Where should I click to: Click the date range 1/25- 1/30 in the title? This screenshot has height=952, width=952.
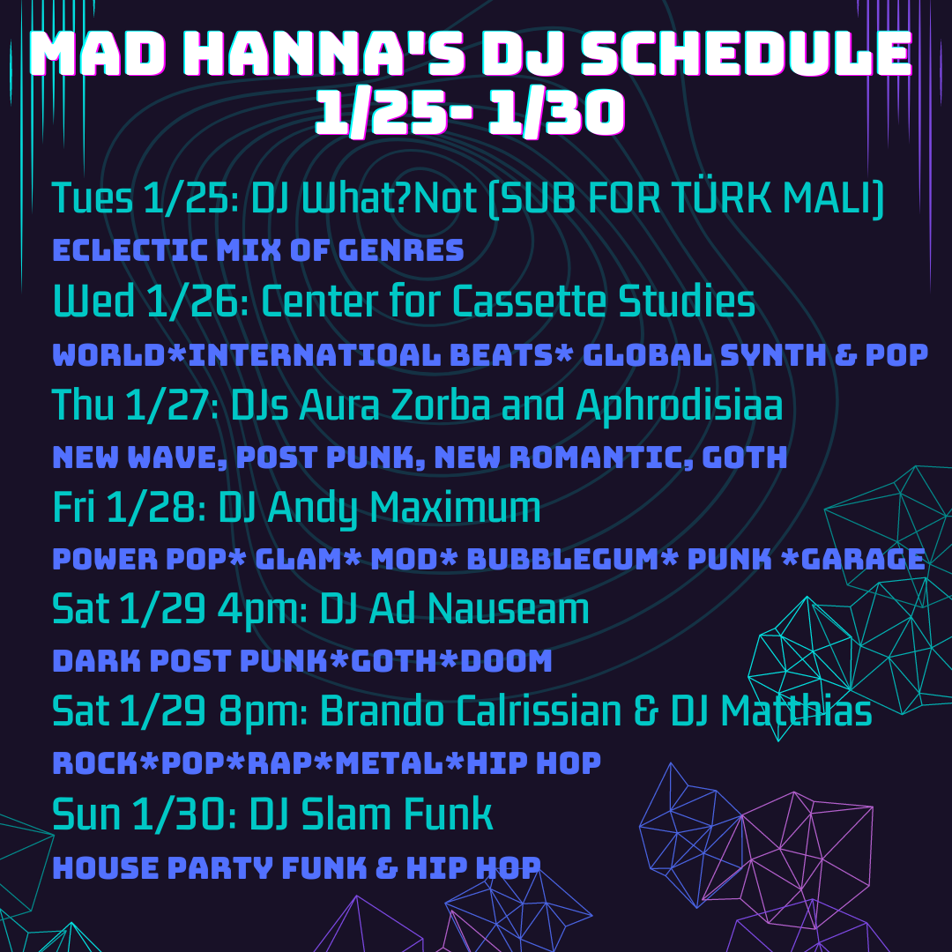point(470,112)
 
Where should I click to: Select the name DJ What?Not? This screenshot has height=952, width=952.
point(364,198)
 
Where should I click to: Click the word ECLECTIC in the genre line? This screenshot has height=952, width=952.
point(130,250)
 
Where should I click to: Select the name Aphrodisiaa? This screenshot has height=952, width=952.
point(680,405)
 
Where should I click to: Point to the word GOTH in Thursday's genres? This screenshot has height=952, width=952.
point(744,457)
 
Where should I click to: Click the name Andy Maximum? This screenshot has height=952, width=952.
point(404,508)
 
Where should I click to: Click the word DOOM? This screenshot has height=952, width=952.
point(506,661)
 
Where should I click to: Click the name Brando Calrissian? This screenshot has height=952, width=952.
point(471,711)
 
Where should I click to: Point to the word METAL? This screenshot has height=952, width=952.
point(390,763)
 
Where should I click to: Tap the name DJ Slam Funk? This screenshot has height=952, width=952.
point(371,814)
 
